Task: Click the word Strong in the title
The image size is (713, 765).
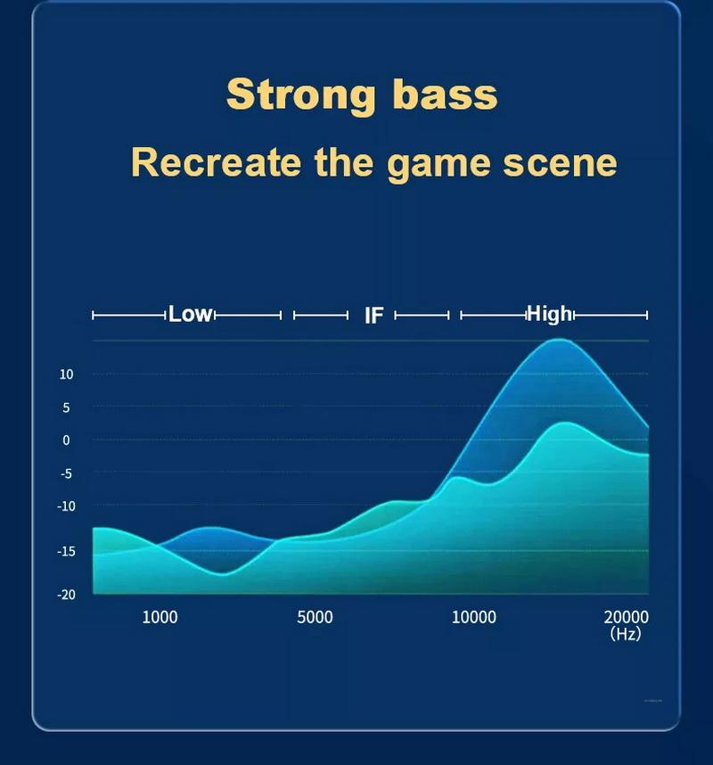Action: (301, 95)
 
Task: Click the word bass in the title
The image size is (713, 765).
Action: (445, 94)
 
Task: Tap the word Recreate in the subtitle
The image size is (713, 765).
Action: (216, 162)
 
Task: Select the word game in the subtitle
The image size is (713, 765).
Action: (438, 166)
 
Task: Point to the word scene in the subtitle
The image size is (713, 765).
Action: (560, 163)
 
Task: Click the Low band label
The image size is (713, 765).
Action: (190, 314)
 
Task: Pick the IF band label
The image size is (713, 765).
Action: (374, 316)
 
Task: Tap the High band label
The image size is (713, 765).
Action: (549, 314)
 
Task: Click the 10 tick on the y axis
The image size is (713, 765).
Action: (66, 374)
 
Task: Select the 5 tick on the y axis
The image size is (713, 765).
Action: (66, 407)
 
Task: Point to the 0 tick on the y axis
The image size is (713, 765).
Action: (66, 440)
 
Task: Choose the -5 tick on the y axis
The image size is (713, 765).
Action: (66, 473)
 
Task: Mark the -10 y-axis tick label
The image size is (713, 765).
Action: (66, 506)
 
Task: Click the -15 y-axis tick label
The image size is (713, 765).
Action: (66, 551)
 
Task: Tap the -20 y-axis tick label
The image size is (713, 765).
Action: (66, 595)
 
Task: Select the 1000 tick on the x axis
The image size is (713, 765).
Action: (160, 618)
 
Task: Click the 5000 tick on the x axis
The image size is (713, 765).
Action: (315, 618)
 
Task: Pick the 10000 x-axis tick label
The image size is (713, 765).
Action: (473, 618)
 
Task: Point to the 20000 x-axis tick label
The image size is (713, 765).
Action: (627, 618)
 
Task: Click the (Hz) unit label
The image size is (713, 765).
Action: (626, 634)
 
